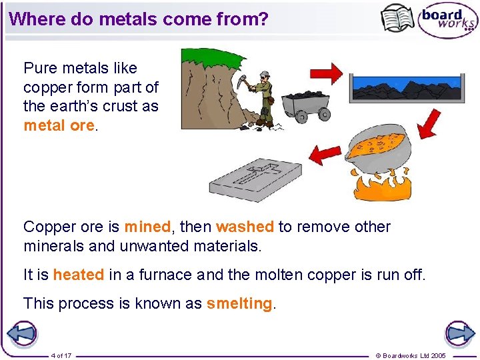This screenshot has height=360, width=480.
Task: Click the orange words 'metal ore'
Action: (59, 125)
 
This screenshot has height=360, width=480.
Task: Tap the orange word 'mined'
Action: (147, 227)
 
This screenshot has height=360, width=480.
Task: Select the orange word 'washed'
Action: (245, 227)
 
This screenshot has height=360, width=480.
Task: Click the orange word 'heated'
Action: (79, 275)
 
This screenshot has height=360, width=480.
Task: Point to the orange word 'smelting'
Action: (239, 303)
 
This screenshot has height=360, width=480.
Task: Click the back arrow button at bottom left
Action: (21, 333)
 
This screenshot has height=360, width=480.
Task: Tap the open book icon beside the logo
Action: (397, 18)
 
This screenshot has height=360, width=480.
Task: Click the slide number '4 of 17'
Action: (61, 355)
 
